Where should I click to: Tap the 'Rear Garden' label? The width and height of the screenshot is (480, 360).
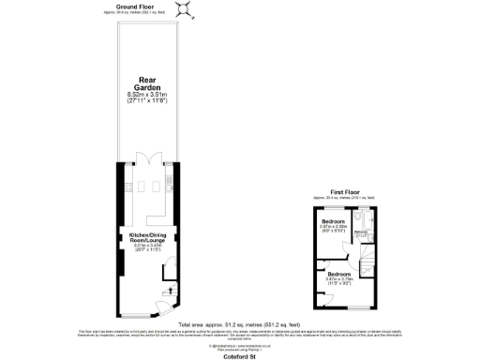[x=143, y=84]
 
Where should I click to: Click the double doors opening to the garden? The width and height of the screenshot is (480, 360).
[x=143, y=158]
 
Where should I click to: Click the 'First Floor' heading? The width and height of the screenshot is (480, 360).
[x=345, y=190]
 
